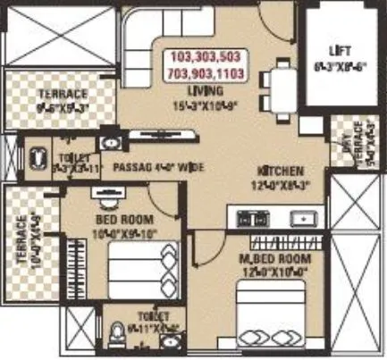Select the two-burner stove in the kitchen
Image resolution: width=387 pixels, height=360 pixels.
253,217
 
